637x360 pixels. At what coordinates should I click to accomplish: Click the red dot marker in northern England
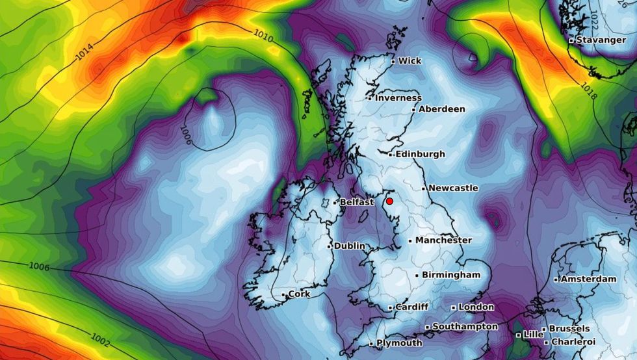[389, 201]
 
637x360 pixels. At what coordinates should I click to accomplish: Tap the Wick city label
[409, 61]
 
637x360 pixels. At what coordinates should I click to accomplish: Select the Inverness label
[398, 98]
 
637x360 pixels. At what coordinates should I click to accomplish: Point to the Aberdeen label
[441, 109]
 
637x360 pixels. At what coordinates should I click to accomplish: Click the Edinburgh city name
[421, 154]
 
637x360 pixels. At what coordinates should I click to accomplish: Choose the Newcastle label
[453, 188]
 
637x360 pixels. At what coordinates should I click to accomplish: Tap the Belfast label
[357, 202]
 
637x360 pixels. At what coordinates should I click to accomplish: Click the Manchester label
[443, 240]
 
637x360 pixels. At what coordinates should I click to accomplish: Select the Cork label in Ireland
[299, 294]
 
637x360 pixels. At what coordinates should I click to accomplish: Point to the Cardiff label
[412, 307]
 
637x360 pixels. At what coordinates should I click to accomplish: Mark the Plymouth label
[399, 343]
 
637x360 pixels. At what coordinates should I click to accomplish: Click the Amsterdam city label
[588, 279]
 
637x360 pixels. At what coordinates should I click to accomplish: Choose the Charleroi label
[573, 342]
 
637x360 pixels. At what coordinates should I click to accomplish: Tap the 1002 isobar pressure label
[101, 339]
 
